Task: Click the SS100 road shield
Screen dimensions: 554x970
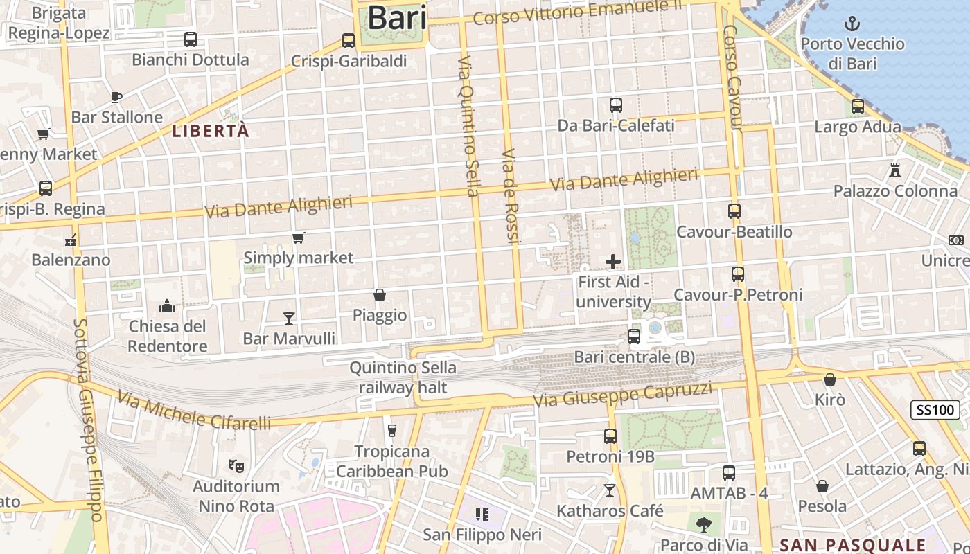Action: click(x=935, y=409)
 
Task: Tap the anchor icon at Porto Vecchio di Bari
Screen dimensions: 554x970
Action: click(x=852, y=24)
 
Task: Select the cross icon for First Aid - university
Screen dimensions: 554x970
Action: click(x=613, y=261)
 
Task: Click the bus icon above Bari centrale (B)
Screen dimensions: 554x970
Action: click(x=633, y=337)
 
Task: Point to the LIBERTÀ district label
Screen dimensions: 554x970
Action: click(x=211, y=131)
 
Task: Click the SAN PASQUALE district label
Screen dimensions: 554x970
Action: click(x=853, y=544)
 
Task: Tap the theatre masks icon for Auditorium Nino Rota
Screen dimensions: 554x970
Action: click(x=236, y=466)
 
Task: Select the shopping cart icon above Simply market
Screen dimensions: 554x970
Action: click(x=299, y=238)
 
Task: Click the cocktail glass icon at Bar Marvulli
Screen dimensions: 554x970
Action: click(x=289, y=318)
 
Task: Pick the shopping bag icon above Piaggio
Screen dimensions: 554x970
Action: click(x=380, y=295)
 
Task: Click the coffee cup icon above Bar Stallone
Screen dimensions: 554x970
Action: click(x=116, y=97)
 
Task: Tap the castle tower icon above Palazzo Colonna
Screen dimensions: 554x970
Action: click(x=895, y=170)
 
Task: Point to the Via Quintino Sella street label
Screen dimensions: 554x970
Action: click(x=468, y=126)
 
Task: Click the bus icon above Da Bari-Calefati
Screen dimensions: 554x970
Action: click(x=616, y=105)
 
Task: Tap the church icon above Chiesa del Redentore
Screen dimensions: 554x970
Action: click(x=167, y=305)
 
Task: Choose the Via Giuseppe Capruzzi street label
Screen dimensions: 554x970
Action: click(x=622, y=395)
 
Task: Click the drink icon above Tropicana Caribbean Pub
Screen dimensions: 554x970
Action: click(x=391, y=431)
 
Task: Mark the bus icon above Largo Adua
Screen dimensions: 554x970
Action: click(x=858, y=107)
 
